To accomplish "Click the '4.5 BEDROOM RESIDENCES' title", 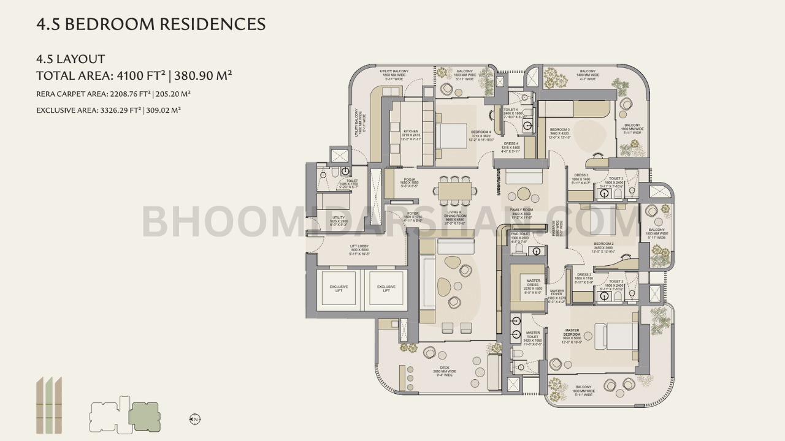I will click(151, 24).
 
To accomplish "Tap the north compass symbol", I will click(195, 419).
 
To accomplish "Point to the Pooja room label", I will click(409, 182).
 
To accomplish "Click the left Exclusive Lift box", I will click(339, 288).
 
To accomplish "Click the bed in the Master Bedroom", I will click(616, 336).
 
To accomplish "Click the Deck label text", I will click(445, 369).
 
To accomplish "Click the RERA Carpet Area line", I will click(113, 94).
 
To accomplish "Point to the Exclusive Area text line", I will click(108, 110).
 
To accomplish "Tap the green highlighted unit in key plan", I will click(145, 417).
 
